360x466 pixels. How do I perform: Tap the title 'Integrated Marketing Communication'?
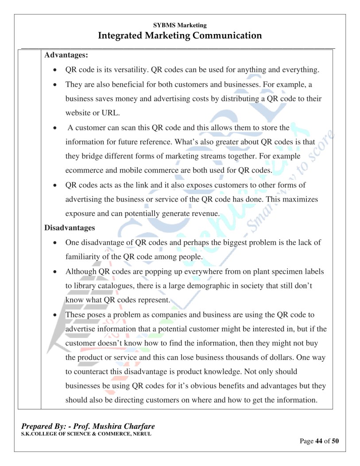click(180, 35)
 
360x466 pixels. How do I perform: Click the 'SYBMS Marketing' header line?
click(180, 25)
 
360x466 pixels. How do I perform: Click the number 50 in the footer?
click(336, 441)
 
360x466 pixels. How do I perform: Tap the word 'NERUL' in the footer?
click(139, 434)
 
